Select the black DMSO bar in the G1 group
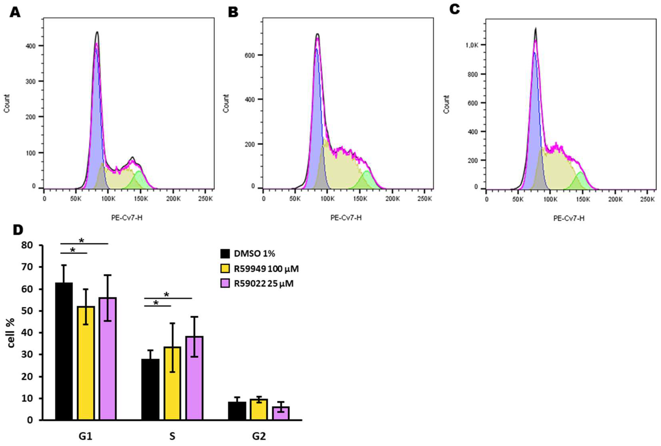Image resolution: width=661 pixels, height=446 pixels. point(64,351)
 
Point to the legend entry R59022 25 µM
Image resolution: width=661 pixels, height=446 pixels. point(263,284)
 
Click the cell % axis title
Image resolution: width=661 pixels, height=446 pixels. point(11,333)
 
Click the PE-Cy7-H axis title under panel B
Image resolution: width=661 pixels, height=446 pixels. point(346,218)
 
